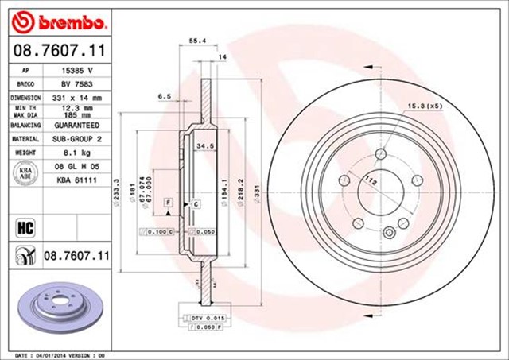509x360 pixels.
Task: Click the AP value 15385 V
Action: [x=77, y=70]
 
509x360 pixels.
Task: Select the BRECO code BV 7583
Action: [x=77, y=83]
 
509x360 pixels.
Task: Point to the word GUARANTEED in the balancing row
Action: [x=77, y=126]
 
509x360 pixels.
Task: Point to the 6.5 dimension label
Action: [x=165, y=96]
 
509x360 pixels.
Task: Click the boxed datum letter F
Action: [x=168, y=204]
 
